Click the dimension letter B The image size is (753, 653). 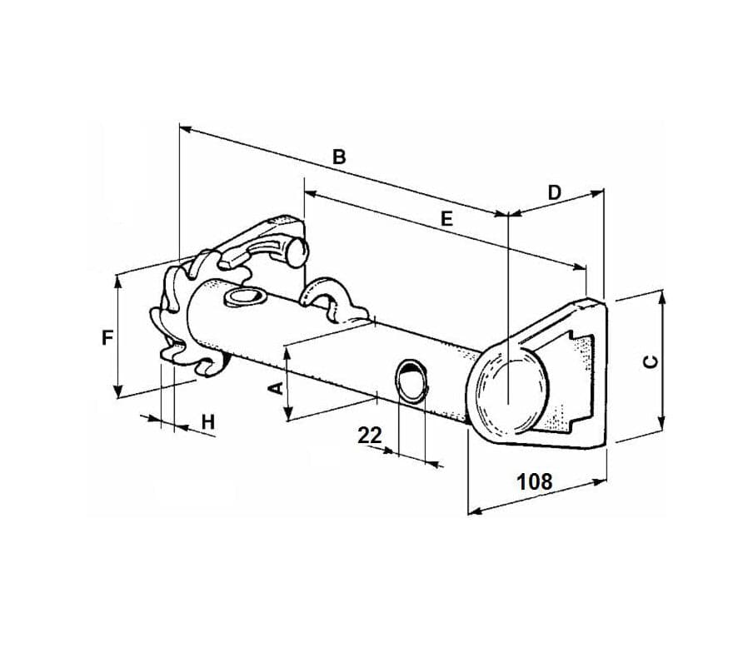339,157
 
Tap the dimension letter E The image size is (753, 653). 446,219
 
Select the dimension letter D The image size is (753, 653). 555,192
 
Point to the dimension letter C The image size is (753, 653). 651,361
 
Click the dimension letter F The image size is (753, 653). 107,338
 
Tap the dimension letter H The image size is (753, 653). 208,422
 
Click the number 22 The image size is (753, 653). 370,436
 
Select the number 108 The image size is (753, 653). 535,481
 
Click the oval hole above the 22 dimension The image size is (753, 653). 411,379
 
